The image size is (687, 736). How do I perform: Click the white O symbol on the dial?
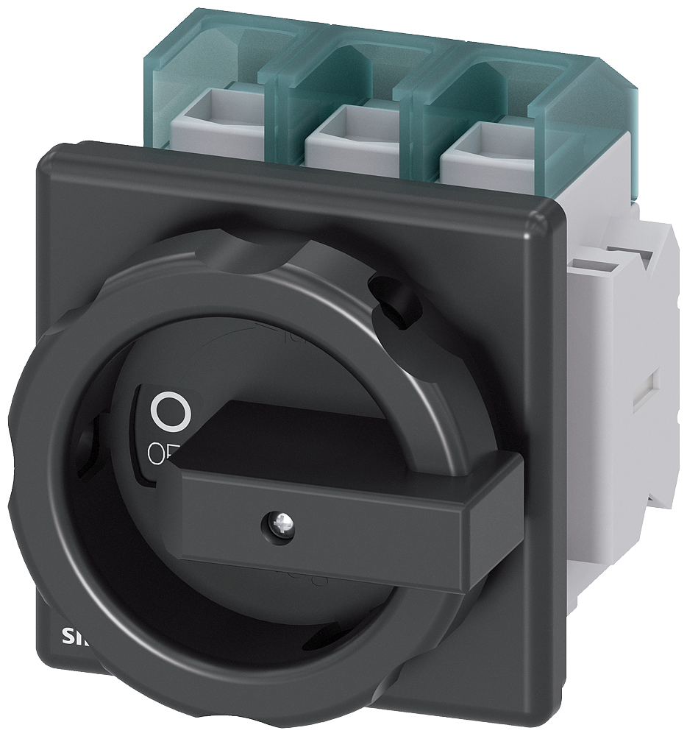(x=170, y=410)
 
